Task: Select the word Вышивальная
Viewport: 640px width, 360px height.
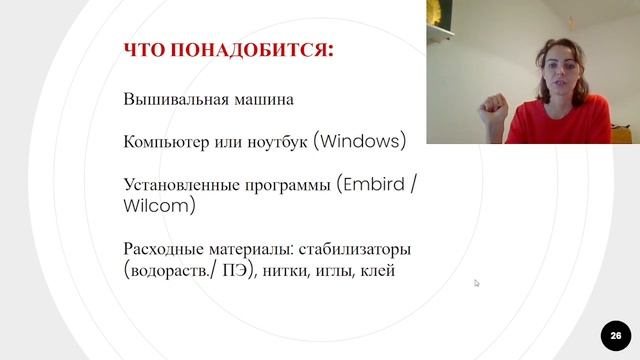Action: click(172, 100)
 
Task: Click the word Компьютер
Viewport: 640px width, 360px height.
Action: click(165, 142)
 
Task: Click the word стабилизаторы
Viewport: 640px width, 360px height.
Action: click(355, 249)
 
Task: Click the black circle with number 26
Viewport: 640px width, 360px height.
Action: click(615, 335)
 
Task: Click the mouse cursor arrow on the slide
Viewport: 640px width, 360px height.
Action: click(477, 283)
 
